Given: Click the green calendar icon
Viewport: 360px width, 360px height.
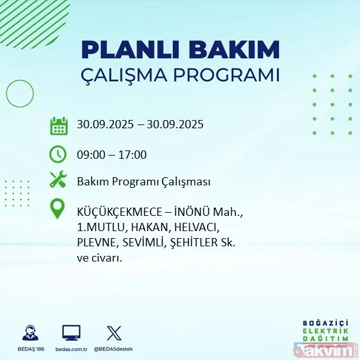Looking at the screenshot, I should (58, 125).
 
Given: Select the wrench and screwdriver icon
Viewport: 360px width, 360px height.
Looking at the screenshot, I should (58, 181).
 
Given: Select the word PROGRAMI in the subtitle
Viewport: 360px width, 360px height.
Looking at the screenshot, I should (236, 75).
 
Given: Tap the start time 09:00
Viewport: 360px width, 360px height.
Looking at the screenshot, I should (90, 154).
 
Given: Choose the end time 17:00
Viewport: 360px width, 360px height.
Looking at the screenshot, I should (133, 154).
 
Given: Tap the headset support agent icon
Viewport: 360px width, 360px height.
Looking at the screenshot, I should (29, 333).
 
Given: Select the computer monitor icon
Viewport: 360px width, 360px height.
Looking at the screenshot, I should (71, 333).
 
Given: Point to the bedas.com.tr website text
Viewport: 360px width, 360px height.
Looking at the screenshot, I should (71, 349).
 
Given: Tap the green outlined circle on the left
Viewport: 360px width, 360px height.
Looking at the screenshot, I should (20, 94).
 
